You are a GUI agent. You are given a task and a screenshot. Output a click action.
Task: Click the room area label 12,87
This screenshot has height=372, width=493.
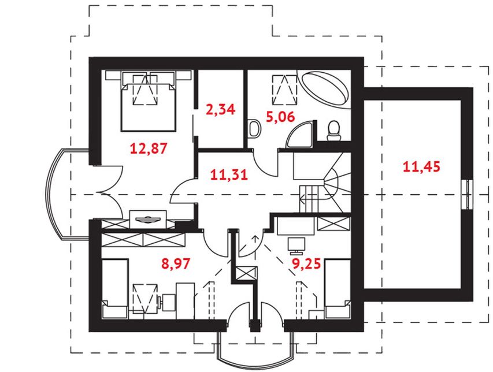point(149,148)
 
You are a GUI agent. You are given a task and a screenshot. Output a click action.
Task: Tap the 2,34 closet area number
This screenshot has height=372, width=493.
point(220,109)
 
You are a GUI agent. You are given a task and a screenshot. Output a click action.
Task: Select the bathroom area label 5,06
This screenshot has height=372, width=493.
point(280,117)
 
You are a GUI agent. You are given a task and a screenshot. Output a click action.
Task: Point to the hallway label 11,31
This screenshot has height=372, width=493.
point(229,174)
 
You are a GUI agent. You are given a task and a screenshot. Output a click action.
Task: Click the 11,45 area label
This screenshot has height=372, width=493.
point(421,166)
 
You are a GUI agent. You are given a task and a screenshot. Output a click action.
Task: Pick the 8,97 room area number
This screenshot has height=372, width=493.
point(176,263)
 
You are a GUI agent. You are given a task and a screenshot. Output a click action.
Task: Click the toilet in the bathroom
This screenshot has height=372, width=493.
point(333,131)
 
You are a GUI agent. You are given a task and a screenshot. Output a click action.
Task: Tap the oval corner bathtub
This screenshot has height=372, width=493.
point(324,89)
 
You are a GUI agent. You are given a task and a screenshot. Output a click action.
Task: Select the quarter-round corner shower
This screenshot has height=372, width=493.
point(301,136)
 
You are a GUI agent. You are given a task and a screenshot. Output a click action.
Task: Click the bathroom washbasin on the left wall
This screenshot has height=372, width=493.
point(254,129)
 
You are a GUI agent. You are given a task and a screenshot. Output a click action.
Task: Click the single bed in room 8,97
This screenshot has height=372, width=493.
point(115,288)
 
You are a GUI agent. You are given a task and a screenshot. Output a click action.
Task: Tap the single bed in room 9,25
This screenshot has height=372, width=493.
point(338,288)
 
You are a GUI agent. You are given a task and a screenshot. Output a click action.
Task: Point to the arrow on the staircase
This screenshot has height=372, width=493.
point(310,198)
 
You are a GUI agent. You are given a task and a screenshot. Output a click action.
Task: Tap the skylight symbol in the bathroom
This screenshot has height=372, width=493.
point(284,90)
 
